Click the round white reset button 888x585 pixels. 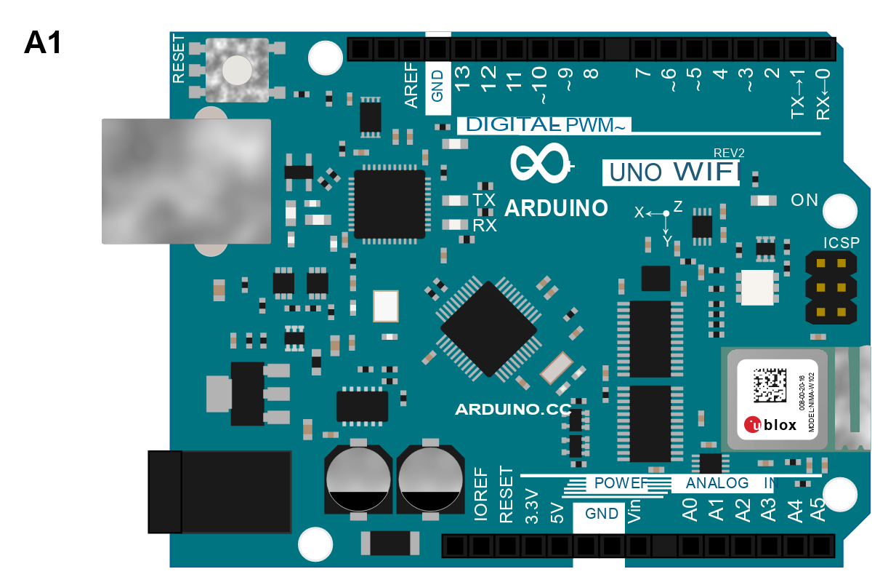237,71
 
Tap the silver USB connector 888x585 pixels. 186,181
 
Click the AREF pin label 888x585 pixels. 411,86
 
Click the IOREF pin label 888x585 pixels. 480,493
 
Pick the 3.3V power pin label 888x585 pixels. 532,506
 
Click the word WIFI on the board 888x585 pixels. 705,172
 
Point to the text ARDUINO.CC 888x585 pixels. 513,410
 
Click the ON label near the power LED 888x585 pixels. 804,200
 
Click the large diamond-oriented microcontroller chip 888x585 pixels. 488,330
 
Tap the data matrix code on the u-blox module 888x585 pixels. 770,386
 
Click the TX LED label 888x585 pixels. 484,199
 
